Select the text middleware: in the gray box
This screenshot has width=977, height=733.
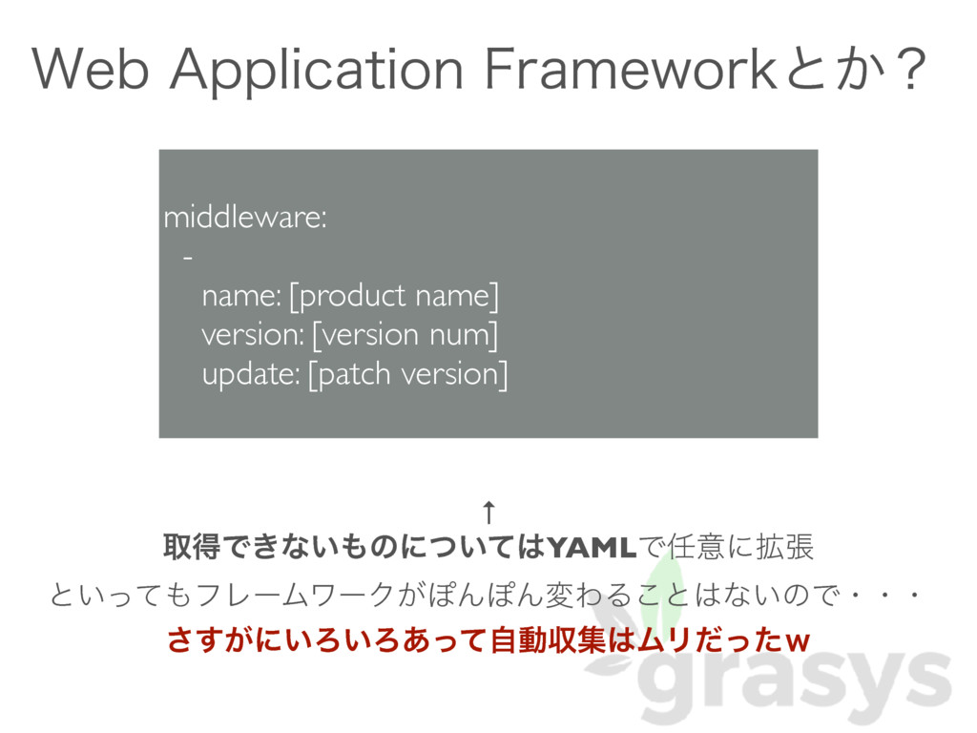[245, 219]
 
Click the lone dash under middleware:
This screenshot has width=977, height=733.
[187, 258]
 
